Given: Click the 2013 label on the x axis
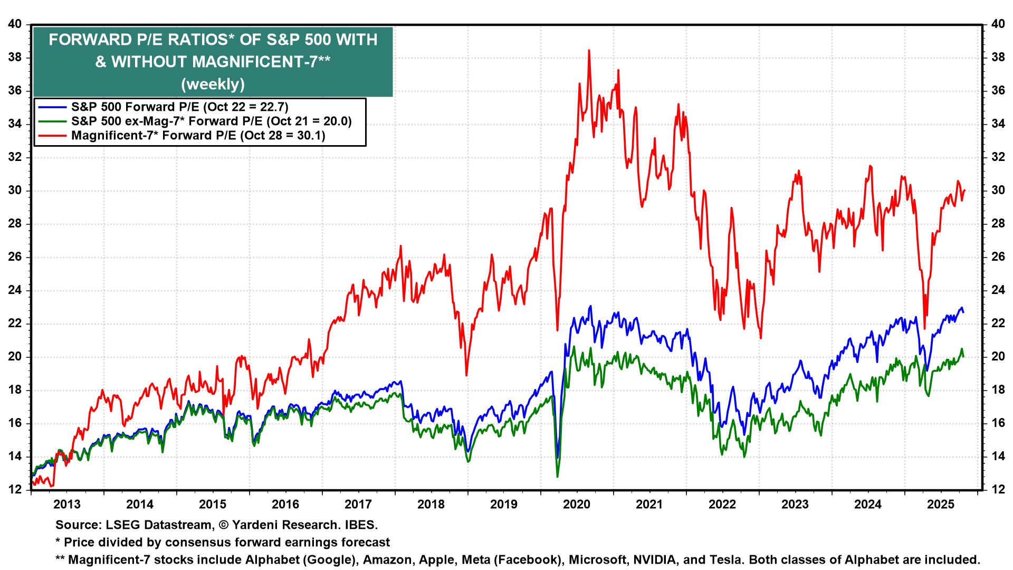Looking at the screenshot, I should coord(67,505).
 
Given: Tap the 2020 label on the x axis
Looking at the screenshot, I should coord(577,505).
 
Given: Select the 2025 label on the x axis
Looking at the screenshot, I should coord(941,505).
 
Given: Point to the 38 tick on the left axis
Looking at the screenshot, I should coord(15,58).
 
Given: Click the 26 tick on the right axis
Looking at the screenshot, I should coord(998,257).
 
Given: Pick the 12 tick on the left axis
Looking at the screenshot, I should coord(15,490).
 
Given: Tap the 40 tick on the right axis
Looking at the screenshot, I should coord(998,24).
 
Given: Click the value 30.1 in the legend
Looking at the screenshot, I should coord(310,136).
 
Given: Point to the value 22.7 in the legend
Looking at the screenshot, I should coord(273,107).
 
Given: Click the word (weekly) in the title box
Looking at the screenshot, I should coord(213,84).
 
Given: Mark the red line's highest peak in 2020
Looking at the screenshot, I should coord(589,51).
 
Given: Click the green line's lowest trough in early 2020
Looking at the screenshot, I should coord(557,477).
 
